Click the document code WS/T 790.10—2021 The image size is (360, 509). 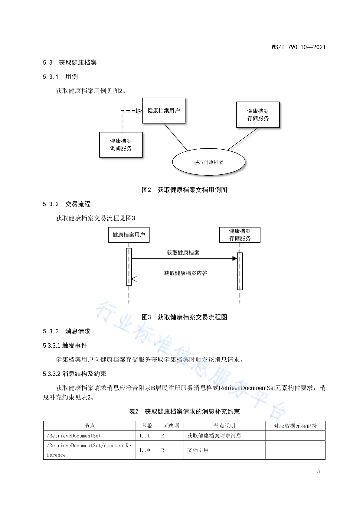tap(298, 47)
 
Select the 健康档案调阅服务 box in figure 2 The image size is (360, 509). tap(121, 145)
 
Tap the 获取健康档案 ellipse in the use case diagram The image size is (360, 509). tap(208, 162)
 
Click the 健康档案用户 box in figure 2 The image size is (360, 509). tap(164, 111)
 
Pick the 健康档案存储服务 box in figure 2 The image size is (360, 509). tap(258, 115)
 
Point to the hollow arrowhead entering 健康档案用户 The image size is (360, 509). tap(139, 111)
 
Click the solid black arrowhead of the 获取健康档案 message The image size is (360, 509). tap(235, 258)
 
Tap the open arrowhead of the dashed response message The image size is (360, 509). tap(134, 279)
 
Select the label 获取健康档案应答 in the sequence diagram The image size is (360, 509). tap(186, 273)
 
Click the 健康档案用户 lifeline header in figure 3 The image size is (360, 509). tap(129, 235)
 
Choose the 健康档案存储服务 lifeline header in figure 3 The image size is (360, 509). tap(240, 235)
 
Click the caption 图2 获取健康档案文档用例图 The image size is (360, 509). tap(185, 190)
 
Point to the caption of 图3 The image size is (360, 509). tap(185, 317)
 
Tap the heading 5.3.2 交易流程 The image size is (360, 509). tap(67, 204)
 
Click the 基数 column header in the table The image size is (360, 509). tap(147, 426)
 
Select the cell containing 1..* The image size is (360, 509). tap(147, 450)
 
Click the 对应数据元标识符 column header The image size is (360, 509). tap(295, 426)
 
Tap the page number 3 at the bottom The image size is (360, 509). tap(318, 471)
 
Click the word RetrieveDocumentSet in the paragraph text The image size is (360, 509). tap(247, 388)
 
